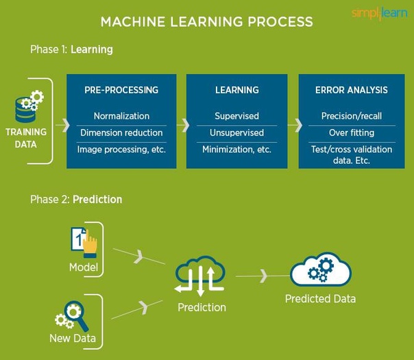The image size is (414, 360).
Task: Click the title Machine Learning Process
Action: [x=206, y=21]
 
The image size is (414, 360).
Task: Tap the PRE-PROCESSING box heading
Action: [x=121, y=90]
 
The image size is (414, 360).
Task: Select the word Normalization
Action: [x=121, y=116]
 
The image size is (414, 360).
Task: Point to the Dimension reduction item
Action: [x=121, y=132]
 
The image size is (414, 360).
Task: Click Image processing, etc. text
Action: [x=121, y=149]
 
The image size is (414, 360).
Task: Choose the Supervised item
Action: [x=237, y=116]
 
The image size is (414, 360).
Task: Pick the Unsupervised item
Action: [x=237, y=132]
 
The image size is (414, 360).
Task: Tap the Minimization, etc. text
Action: [x=237, y=149]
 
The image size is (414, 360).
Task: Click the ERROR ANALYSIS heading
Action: [x=352, y=90]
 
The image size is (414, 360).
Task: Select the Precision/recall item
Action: [x=352, y=116]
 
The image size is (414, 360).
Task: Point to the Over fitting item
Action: [x=352, y=132]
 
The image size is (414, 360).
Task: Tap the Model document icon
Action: [x=83, y=241]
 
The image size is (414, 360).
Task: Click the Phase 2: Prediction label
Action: [x=76, y=200]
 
